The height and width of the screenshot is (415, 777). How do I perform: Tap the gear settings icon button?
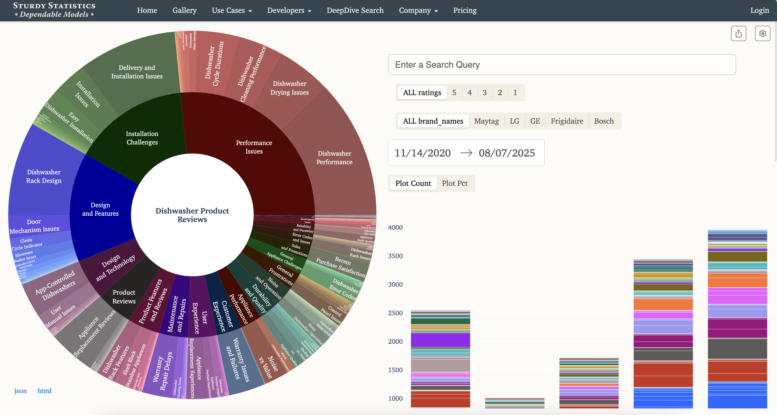pos(762,33)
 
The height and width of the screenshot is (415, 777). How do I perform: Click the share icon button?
pos(738,33)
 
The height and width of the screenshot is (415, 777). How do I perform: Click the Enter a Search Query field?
pos(561,65)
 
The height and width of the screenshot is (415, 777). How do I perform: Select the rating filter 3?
pos(484,92)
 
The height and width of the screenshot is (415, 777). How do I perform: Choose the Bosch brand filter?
pos(604,121)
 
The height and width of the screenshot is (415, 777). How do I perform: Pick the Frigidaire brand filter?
pos(567,121)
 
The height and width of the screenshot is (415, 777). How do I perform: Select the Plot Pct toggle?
pos(454,183)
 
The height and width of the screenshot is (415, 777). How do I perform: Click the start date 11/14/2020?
pos(422,153)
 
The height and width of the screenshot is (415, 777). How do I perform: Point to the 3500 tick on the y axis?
pos(395,256)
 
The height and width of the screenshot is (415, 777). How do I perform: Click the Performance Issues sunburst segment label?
pos(254,147)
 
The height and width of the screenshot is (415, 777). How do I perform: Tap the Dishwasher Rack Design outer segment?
pos(44,176)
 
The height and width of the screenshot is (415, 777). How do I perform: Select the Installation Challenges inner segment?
pos(142,138)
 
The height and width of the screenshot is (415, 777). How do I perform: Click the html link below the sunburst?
pos(44,391)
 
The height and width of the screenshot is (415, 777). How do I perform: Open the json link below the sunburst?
pos(20,391)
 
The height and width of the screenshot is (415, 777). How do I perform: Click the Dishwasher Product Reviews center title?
pos(192,215)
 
